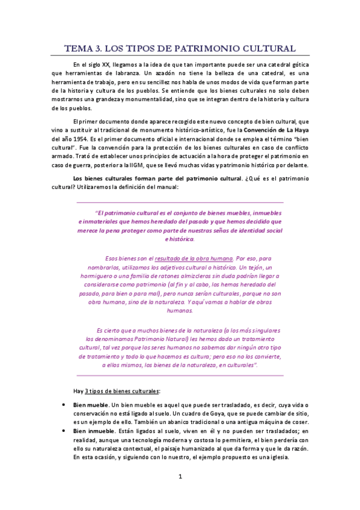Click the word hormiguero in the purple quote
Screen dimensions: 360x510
click(x=99, y=274)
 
